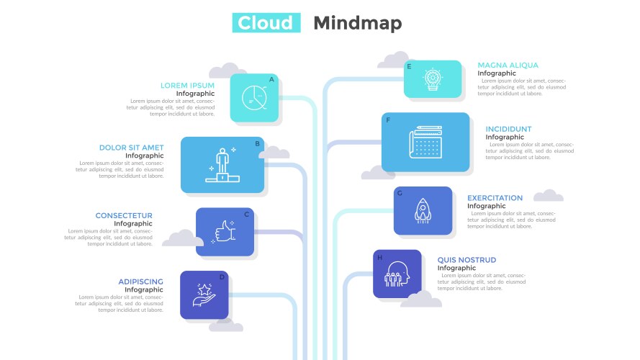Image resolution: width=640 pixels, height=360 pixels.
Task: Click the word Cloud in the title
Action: [266, 23]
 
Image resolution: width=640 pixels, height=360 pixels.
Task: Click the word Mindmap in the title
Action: [358, 23]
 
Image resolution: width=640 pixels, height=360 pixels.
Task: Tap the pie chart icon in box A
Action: [254, 97]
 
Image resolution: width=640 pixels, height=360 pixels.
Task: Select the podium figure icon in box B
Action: [222, 164]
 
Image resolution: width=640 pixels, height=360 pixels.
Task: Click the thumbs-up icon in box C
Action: [225, 232]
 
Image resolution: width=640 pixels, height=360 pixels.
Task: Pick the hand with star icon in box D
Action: [204, 294]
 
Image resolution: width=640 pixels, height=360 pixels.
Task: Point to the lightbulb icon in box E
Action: [432, 78]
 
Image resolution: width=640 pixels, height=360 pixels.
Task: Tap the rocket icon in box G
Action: [423, 211]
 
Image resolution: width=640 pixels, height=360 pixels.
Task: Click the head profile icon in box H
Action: [397, 274]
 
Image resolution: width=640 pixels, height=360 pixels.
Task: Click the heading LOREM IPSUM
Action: [187, 85]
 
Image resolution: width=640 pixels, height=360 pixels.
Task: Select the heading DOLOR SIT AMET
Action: [131, 148]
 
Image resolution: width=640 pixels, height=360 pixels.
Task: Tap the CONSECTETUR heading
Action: [124, 215]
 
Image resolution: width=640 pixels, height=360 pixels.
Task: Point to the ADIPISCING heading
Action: [140, 282]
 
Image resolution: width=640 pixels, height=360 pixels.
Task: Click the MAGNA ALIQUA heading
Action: [508, 66]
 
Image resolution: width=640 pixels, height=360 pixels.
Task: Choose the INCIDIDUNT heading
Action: [508, 130]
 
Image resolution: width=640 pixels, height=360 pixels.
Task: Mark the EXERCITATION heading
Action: [495, 198]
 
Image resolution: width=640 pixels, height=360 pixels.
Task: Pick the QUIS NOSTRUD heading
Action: [467, 260]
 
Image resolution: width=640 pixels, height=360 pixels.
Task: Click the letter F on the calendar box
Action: [388, 120]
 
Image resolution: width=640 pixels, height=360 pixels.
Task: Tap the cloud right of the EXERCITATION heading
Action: [549, 195]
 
